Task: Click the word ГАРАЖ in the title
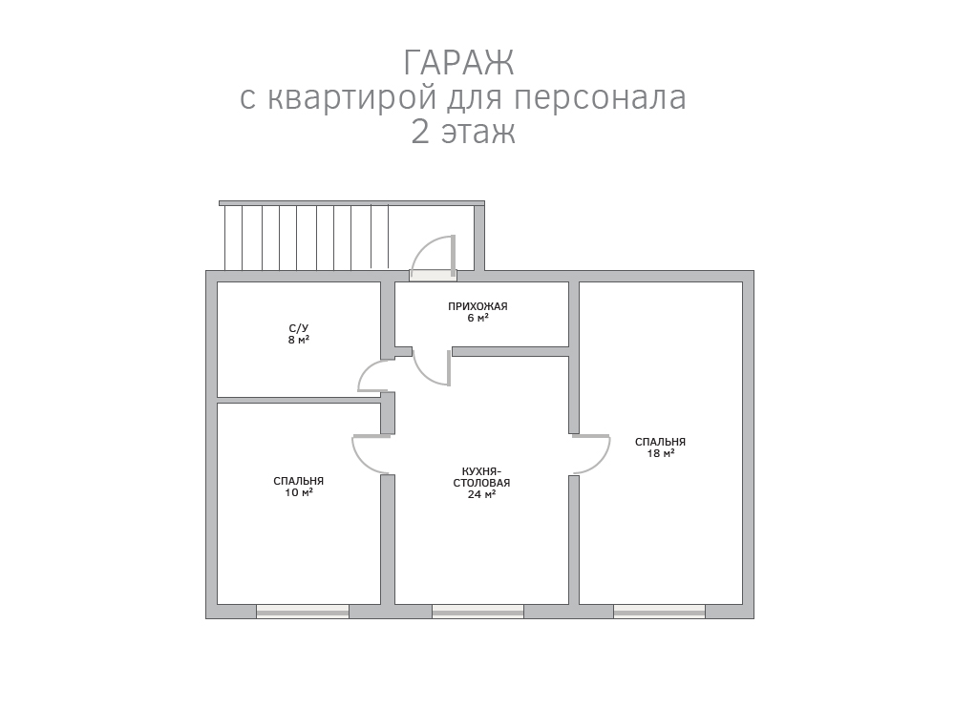tap(458, 63)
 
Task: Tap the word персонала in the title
tap(600, 97)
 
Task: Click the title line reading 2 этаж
tap(463, 132)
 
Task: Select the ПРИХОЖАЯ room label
tap(478, 306)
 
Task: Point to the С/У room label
tap(298, 328)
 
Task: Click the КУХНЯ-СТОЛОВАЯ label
tap(481, 477)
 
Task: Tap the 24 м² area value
tap(481, 495)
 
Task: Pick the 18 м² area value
tap(660, 453)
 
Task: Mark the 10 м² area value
tap(298, 492)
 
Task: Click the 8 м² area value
tap(298, 341)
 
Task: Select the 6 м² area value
tap(478, 318)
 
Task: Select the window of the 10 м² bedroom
tap(303, 612)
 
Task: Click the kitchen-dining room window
tap(478, 612)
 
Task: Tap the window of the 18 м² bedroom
tap(660, 612)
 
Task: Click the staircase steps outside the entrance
tap(307, 238)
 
